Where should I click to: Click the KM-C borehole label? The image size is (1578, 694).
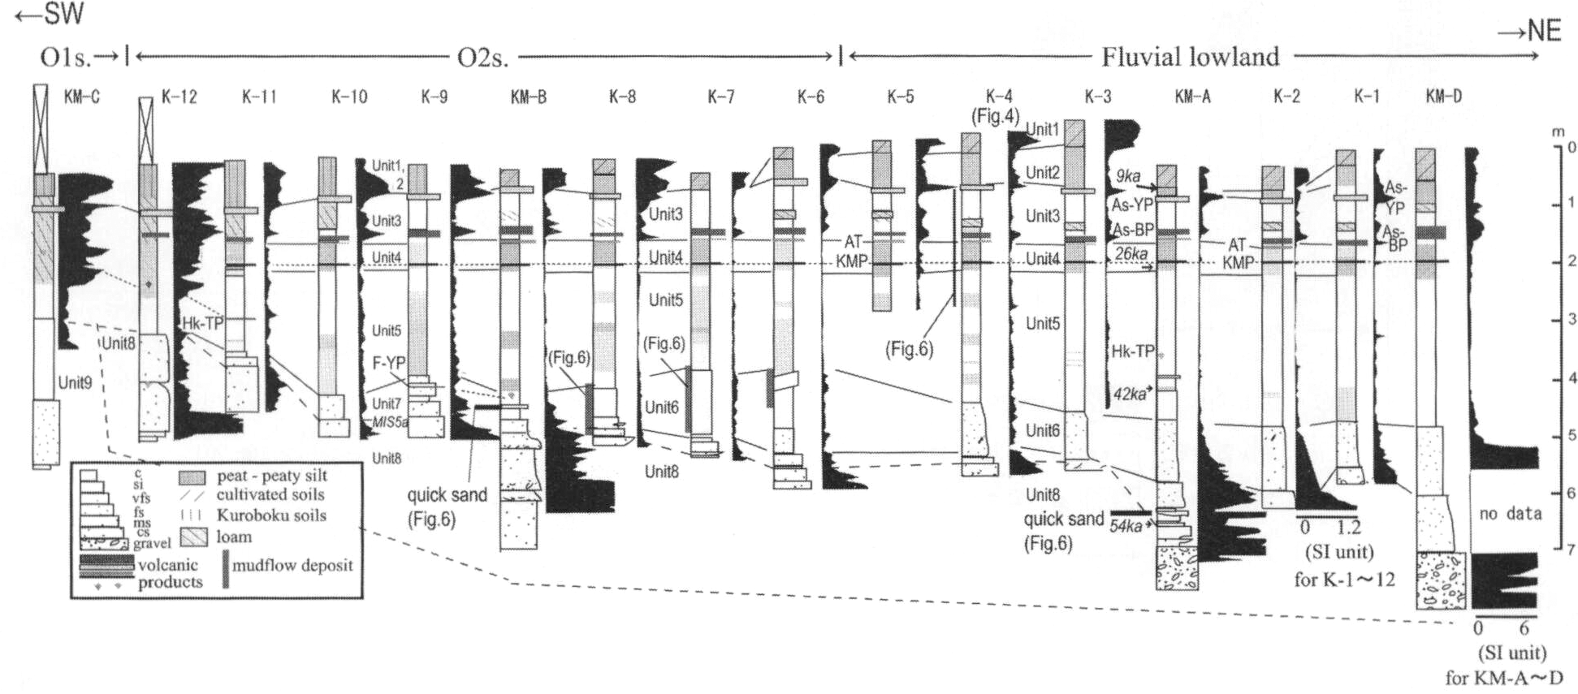pyautogui.click(x=81, y=97)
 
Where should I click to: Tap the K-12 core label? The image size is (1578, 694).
pyautogui.click(x=179, y=97)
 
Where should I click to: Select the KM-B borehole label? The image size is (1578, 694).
pyautogui.click(x=528, y=97)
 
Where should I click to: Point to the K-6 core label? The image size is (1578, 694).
pyautogui.click(x=810, y=97)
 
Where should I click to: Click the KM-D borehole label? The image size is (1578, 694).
pyautogui.click(x=1443, y=97)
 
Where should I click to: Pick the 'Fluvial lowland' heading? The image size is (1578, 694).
pyautogui.click(x=1190, y=57)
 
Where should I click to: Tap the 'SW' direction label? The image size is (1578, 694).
pyautogui.click(x=50, y=15)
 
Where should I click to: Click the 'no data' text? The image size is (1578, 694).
pyautogui.click(x=1510, y=513)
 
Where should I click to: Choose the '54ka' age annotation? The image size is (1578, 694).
pyautogui.click(x=1126, y=527)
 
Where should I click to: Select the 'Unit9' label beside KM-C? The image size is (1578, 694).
pyautogui.click(x=76, y=382)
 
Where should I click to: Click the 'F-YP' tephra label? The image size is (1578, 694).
pyautogui.click(x=388, y=363)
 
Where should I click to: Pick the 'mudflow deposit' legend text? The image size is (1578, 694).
pyautogui.click(x=292, y=565)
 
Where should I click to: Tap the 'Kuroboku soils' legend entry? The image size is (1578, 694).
pyautogui.click(x=271, y=515)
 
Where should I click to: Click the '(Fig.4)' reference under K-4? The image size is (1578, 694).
pyautogui.click(x=995, y=117)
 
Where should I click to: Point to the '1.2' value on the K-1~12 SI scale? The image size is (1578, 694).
pyautogui.click(x=1347, y=528)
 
